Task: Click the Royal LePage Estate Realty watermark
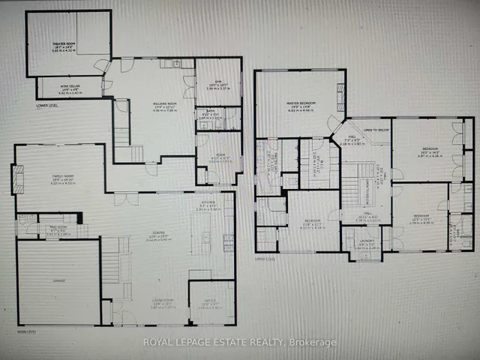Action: click(239, 343)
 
